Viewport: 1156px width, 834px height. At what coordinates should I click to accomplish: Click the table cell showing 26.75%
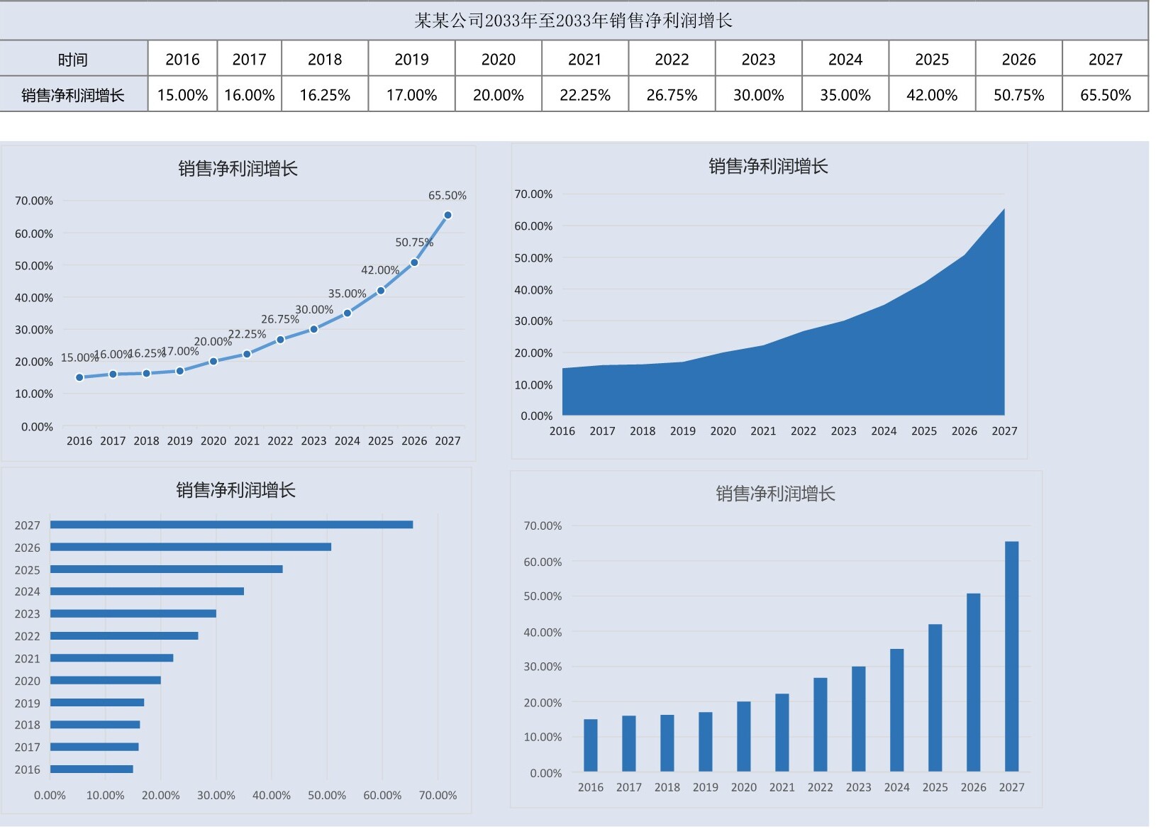[x=671, y=95]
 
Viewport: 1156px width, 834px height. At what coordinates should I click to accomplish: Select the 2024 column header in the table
[x=845, y=60]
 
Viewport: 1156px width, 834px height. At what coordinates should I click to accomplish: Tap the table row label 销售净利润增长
[x=73, y=95]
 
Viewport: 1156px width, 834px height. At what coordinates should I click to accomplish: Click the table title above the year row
[x=573, y=21]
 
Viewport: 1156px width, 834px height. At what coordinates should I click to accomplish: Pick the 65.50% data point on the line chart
[x=448, y=215]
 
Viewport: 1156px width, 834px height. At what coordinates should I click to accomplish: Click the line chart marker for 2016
[x=79, y=377]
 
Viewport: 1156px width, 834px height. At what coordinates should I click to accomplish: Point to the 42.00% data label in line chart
[x=380, y=270]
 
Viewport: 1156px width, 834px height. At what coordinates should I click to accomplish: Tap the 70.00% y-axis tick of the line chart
[x=34, y=201]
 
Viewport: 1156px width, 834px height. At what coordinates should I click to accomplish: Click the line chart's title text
[x=238, y=169]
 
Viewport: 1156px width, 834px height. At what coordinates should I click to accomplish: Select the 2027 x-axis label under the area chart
[x=1004, y=431]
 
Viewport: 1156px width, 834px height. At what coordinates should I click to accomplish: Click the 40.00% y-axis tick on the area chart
[x=533, y=290]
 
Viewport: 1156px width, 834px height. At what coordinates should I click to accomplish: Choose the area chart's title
[x=768, y=167]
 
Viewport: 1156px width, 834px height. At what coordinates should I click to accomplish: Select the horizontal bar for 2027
[x=231, y=525]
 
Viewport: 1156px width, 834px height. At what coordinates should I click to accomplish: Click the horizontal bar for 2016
[x=91, y=769]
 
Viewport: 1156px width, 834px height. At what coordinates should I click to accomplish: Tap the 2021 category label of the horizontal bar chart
[x=27, y=659]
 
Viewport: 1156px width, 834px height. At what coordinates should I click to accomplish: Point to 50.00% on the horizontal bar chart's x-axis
[x=327, y=796]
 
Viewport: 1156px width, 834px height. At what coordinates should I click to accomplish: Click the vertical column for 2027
[x=1011, y=656]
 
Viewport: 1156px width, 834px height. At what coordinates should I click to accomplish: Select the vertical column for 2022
[x=820, y=724]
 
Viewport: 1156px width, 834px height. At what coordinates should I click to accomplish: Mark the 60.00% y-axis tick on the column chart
[x=543, y=562]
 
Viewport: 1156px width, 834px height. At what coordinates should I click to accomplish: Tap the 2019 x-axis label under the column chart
[x=705, y=787]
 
